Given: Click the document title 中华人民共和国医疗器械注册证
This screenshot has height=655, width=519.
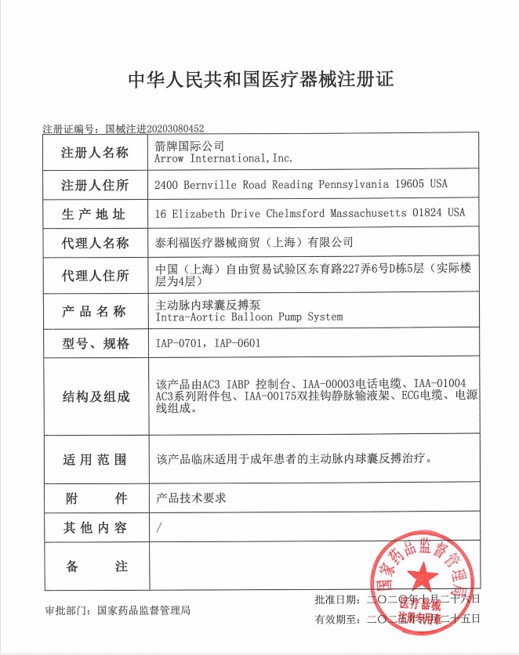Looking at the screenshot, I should [259, 80].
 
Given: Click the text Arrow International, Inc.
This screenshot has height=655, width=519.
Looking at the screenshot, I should [224, 158].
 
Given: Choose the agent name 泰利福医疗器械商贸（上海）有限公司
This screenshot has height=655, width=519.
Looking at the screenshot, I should [255, 243].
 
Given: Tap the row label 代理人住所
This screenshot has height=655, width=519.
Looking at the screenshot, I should [95, 276].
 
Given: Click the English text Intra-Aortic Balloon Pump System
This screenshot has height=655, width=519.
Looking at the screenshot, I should [249, 317].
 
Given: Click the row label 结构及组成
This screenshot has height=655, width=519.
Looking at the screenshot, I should [95, 397].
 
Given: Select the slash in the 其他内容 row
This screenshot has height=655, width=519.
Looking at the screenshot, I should [159, 528].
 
